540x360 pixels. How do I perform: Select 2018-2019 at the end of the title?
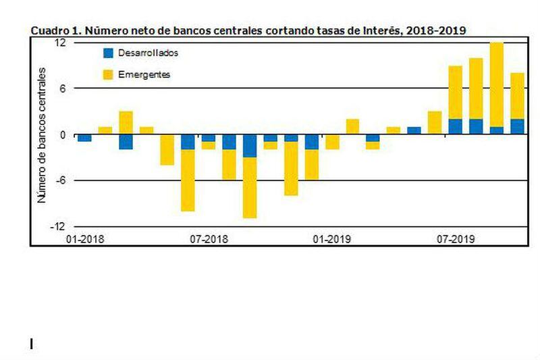436,30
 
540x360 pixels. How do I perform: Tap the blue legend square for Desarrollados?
108,53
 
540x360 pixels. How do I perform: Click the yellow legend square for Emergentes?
108,75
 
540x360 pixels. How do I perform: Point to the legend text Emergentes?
144,74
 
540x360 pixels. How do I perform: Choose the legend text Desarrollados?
148,53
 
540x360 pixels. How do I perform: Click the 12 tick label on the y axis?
60,43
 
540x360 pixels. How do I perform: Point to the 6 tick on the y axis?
62,88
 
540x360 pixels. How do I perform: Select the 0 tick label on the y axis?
62,134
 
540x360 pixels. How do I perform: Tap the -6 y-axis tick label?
60,180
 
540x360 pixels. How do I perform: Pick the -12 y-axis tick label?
57,226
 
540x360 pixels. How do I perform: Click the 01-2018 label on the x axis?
85,239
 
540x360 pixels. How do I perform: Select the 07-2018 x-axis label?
209,239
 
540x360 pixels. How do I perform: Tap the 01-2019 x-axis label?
332,239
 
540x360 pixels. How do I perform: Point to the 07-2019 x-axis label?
456,239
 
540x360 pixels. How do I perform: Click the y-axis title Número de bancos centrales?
42,135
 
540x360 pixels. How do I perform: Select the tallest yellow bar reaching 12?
497,84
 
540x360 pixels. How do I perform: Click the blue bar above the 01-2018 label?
85,138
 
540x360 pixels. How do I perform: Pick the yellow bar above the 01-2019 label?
332,142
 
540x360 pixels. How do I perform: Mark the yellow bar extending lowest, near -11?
250,188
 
